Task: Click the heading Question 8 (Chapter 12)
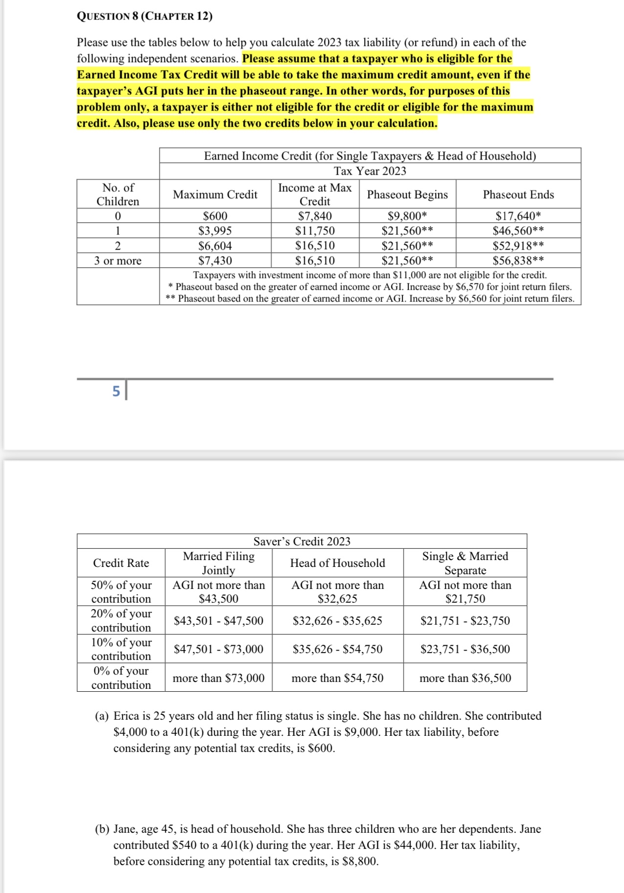coord(144,16)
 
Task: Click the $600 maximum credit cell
coord(215,216)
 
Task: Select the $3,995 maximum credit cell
coord(215,231)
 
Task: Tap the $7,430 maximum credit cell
coord(215,260)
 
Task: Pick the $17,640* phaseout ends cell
coord(518,216)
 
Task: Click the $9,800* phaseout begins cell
coord(407,216)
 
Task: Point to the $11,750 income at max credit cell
coord(315,231)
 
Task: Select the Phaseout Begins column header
coord(407,194)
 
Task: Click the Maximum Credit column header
coord(215,194)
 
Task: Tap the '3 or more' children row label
coord(117,260)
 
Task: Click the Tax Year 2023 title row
coord(370,171)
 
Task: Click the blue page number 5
coord(116,391)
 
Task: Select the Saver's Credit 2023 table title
coord(301,541)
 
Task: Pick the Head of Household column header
coord(337,563)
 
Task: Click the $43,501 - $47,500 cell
coord(218,621)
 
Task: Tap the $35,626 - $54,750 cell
coord(337,649)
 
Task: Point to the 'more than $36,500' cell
coord(465,678)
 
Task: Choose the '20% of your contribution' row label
coord(121,620)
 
